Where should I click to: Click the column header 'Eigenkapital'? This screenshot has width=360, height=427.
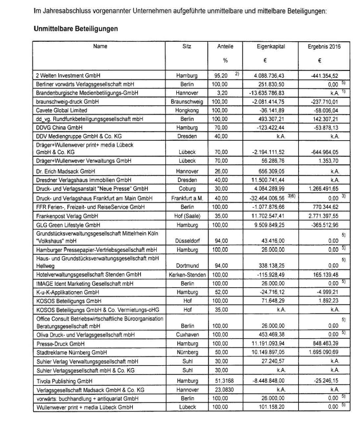(x=271, y=45)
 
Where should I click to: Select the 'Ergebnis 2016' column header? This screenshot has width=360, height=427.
(x=319, y=45)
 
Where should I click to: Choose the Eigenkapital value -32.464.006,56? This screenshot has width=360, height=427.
(x=266, y=197)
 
